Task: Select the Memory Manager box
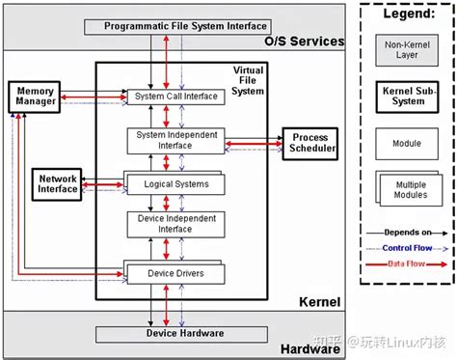(x=36, y=97)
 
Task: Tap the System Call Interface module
(x=176, y=97)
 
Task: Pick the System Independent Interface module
(x=176, y=140)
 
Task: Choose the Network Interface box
(x=58, y=182)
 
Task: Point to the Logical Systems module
(x=176, y=183)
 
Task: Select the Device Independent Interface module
(x=176, y=223)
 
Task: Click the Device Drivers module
(x=176, y=274)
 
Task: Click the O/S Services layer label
(x=304, y=42)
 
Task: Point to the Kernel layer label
(x=318, y=302)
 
